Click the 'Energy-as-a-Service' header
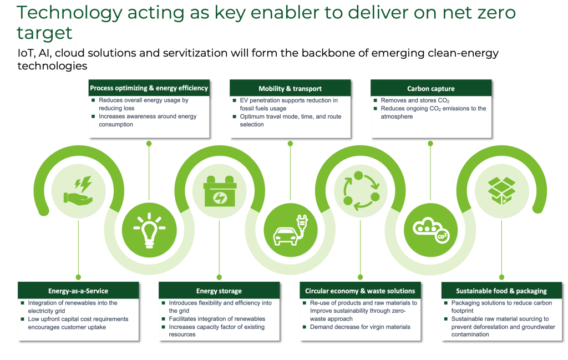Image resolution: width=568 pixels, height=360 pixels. click(78, 291)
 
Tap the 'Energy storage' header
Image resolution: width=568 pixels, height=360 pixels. click(219, 291)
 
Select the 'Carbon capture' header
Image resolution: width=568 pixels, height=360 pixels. click(430, 88)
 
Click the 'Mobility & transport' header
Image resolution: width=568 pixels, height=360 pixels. click(290, 88)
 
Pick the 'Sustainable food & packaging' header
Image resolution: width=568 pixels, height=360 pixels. click(501, 291)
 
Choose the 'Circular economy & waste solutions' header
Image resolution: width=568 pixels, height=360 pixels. click(360, 291)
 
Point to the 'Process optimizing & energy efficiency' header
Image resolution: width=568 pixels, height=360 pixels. click(149, 88)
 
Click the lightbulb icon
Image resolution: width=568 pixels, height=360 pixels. click(149, 230)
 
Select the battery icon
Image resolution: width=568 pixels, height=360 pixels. click(220, 191)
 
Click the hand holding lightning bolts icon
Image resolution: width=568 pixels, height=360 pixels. click(78, 191)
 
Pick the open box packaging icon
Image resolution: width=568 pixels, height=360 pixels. click(501, 190)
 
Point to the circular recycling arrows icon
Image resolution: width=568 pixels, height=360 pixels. click(361, 191)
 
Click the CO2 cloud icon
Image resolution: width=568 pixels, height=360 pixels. click(431, 230)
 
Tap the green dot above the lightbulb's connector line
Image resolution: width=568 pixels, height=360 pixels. click(149, 144)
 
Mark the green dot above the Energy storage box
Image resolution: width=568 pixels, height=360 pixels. click(219, 277)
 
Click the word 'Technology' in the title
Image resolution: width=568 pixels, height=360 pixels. click(69, 13)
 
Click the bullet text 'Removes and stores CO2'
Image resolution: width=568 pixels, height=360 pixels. click(415, 100)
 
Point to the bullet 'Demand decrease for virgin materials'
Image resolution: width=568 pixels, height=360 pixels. click(360, 327)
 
